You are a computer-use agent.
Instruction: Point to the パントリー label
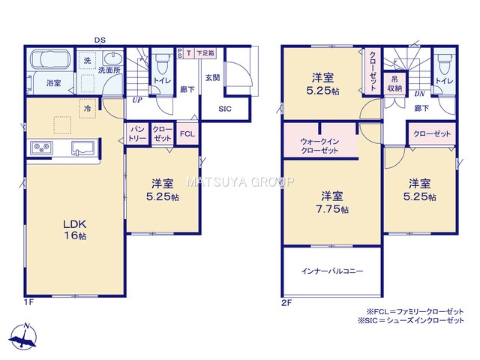click(136, 133)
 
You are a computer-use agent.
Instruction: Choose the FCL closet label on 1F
click(187, 134)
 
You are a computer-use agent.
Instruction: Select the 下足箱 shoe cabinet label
click(205, 53)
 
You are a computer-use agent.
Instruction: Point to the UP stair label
click(137, 99)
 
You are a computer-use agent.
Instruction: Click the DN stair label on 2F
click(421, 94)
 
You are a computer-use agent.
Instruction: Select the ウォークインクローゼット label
click(319, 145)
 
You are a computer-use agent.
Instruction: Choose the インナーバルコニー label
click(332, 270)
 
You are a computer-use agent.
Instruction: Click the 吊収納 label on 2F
click(394, 83)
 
